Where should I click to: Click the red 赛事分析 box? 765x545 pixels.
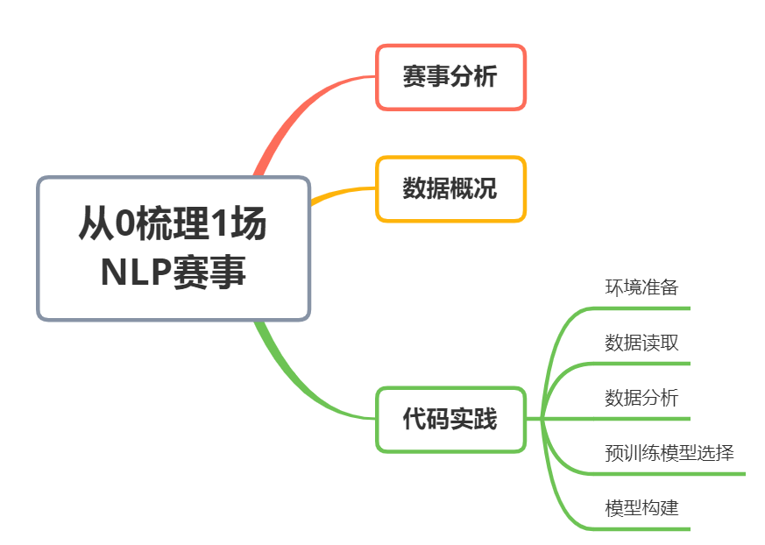pos(450,77)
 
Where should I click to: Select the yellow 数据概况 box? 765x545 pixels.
pos(450,188)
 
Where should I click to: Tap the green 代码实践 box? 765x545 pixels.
pos(450,420)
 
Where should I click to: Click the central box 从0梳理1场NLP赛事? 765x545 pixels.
pos(174,248)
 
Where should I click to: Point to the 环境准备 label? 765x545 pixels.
pos(641,287)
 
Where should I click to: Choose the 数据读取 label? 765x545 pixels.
pos(641,343)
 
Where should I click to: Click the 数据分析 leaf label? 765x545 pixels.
pos(641,398)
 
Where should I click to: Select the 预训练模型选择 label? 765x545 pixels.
pos(669,453)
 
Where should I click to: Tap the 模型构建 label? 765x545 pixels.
pos(641,508)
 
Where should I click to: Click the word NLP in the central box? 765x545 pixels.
pos(135,272)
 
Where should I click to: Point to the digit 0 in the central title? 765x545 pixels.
pos(126,225)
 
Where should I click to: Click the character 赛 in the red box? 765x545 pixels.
pos(414,77)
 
